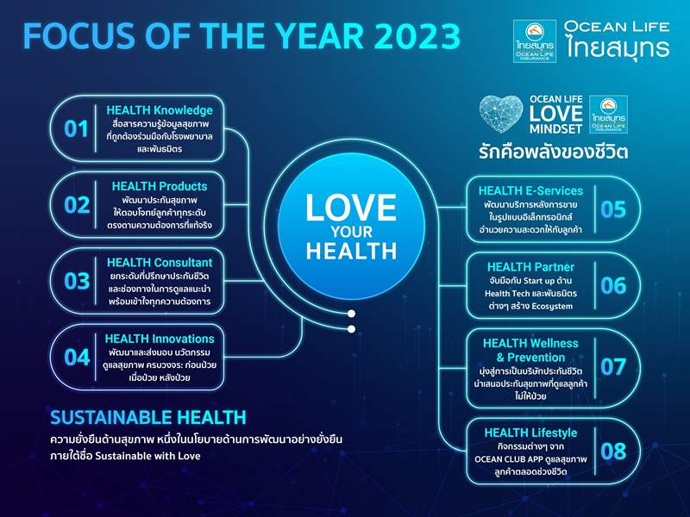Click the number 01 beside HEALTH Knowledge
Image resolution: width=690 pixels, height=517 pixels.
(76, 128)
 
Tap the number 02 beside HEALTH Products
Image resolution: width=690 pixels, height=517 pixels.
(77, 205)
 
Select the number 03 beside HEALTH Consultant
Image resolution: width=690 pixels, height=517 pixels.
(77, 281)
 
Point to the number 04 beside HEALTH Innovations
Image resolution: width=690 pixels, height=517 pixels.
(77, 357)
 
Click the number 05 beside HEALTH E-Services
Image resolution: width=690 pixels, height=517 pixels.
(613, 209)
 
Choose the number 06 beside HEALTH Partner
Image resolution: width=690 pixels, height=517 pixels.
(613, 285)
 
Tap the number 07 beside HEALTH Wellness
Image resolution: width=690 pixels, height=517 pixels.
(613, 366)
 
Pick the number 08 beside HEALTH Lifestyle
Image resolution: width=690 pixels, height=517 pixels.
(613, 451)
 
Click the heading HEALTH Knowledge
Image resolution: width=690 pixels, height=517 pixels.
(160, 110)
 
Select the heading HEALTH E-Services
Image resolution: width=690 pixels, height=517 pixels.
(530, 190)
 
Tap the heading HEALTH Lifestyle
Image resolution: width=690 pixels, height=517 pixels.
(530, 433)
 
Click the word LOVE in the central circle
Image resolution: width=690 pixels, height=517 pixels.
(351, 207)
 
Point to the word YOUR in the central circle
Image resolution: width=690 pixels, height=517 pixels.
(352, 232)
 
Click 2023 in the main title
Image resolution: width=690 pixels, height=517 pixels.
(417, 36)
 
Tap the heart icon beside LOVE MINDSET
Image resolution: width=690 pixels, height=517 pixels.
(501, 114)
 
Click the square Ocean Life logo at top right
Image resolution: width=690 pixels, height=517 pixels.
(535, 41)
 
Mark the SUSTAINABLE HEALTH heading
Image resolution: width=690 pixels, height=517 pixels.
(147, 417)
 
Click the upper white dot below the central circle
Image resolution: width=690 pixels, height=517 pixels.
(351, 314)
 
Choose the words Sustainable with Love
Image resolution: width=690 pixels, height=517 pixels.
(147, 456)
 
